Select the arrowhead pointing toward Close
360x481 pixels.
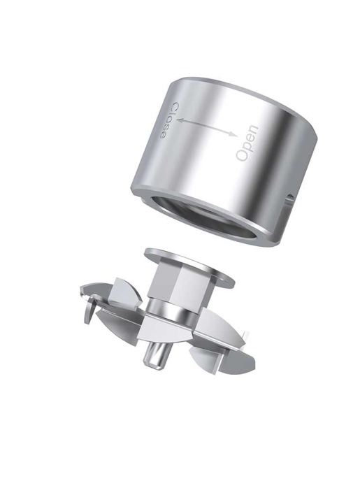coord(181,122)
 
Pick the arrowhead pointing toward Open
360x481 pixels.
coord(233,134)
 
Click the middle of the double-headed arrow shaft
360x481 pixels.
coord(207,127)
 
